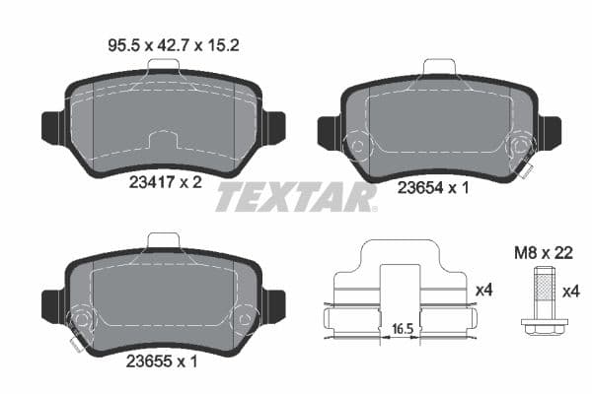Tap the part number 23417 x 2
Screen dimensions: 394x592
pos(164,181)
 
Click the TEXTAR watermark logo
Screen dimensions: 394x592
pos(296,197)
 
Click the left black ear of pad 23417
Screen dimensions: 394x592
pos(51,127)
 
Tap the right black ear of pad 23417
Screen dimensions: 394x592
pos(274,127)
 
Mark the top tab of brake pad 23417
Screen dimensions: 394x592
pos(163,66)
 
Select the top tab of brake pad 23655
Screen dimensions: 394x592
pos(163,240)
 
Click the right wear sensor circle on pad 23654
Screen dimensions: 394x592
pos(519,149)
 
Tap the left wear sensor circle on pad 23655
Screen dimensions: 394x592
pos(80,321)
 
